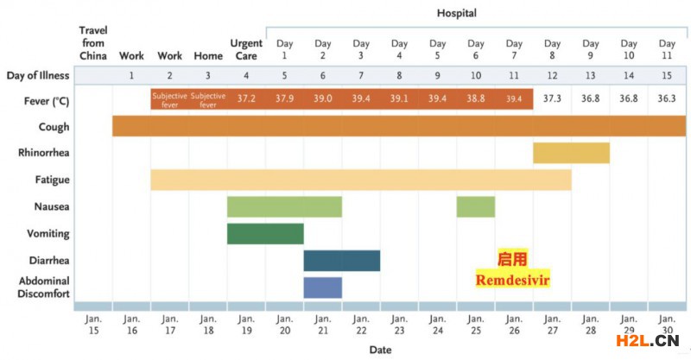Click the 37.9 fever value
point(284,99)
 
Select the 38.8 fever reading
point(476,99)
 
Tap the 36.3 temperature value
point(667,99)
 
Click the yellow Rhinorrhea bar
point(571,153)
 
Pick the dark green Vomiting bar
point(265,234)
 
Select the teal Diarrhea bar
point(341,261)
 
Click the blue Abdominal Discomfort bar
point(322,287)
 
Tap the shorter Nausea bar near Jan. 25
point(476,207)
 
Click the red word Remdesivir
point(513,281)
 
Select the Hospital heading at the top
point(457,13)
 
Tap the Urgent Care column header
point(246,50)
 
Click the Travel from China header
point(93,43)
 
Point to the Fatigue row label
point(53,180)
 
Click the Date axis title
point(380,350)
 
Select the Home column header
point(208,56)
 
